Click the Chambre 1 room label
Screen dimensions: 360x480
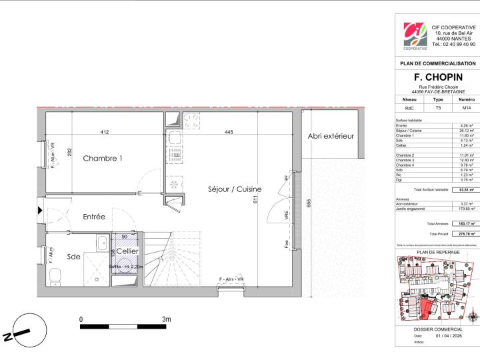pos(103,159)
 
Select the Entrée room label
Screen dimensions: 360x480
pos(94,217)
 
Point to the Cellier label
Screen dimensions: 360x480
pos(127,251)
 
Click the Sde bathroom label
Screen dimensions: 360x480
pos(74,256)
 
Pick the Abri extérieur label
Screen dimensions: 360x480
pos(330,137)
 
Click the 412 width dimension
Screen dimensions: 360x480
pos(105,133)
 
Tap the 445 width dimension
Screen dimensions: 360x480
pos(229,133)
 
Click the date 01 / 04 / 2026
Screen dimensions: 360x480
pos(447,336)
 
